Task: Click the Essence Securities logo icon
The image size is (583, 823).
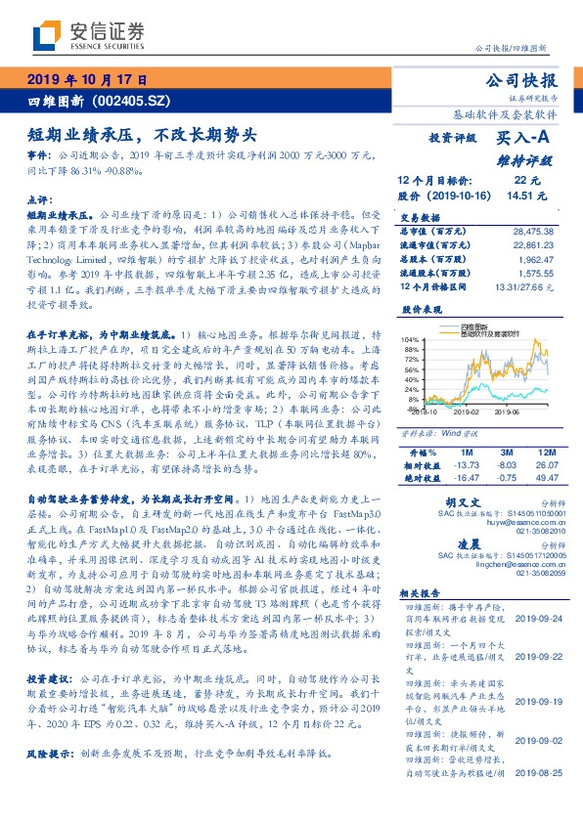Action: [x=46, y=35]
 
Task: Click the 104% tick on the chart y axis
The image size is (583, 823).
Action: [x=408, y=339]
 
